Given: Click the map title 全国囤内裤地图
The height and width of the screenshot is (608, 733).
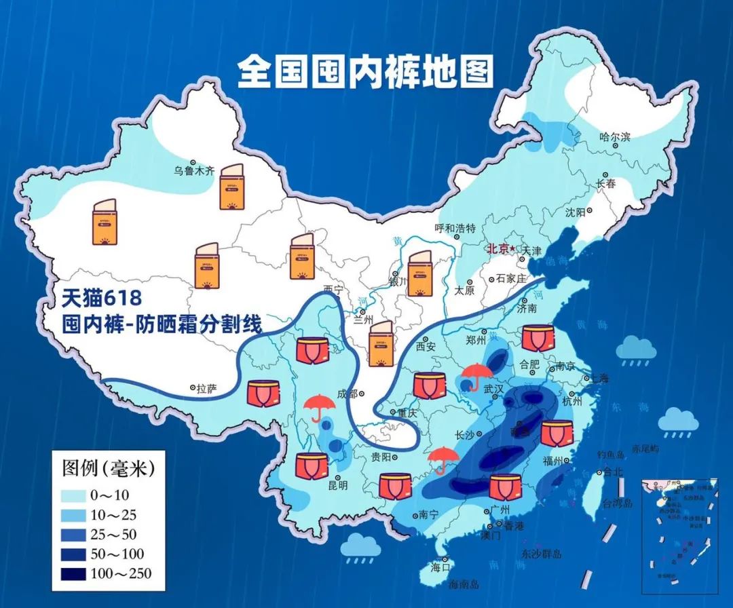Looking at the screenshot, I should pyautogui.click(x=364, y=71).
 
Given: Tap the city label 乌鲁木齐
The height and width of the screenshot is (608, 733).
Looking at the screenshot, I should pyautogui.click(x=194, y=171).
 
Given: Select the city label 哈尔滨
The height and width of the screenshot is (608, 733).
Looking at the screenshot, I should pyautogui.click(x=614, y=137).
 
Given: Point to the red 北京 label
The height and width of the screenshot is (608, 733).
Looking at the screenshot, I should pyautogui.click(x=497, y=249).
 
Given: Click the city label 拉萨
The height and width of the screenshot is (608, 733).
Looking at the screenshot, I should pyautogui.click(x=207, y=389).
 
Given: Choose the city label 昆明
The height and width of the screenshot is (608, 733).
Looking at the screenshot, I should pyautogui.click(x=337, y=485).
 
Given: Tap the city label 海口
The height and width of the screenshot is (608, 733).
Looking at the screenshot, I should pyautogui.click(x=441, y=567).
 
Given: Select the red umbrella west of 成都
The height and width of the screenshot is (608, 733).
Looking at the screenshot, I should pyautogui.click(x=319, y=407).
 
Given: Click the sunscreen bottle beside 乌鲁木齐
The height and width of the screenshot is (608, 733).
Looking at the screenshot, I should pyautogui.click(x=231, y=186).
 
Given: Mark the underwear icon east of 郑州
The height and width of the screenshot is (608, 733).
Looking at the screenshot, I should pyautogui.click(x=538, y=338).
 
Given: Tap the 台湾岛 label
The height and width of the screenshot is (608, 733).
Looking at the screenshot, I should pyautogui.click(x=618, y=503).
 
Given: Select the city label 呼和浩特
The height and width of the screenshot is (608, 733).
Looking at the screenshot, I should pyautogui.click(x=455, y=227).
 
